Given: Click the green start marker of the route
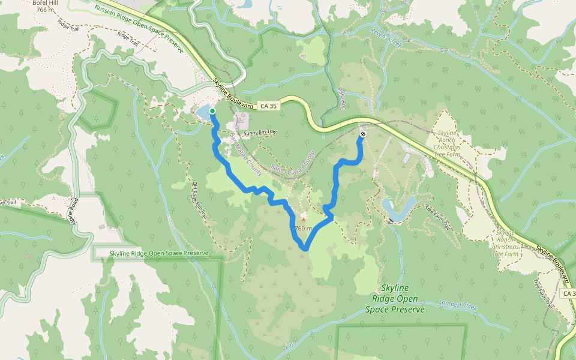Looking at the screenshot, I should (x=212, y=111).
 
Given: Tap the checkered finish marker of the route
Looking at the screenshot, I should (x=363, y=134).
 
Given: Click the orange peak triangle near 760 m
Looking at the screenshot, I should (x=303, y=220).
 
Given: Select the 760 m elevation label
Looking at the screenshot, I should (x=304, y=228).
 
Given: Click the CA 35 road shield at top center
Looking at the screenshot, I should (x=269, y=106).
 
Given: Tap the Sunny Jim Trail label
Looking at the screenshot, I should (x=260, y=132).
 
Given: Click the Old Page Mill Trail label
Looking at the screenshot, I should (x=199, y=199).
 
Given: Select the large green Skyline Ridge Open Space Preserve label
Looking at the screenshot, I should (x=395, y=299).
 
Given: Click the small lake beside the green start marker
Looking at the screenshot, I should (x=203, y=112).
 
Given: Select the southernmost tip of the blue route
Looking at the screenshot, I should (x=304, y=248).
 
